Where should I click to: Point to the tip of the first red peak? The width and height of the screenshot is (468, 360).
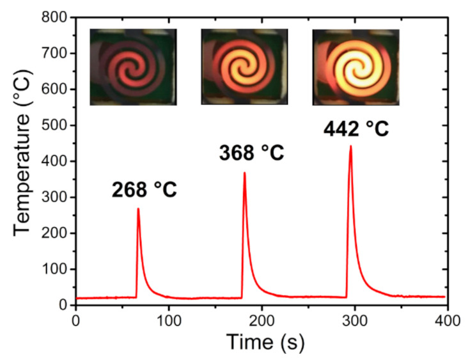coord(138,208)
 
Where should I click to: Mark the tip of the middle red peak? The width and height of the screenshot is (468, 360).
coord(244,173)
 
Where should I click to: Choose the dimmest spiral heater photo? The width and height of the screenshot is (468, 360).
coord(133,67)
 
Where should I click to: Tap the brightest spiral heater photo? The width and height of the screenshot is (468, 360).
coord(355,67)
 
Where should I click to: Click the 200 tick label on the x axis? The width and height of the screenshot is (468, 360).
coord(261,318)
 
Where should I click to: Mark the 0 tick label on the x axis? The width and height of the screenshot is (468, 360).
coord(76,318)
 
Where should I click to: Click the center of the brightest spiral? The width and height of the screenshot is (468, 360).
coord(355,68)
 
